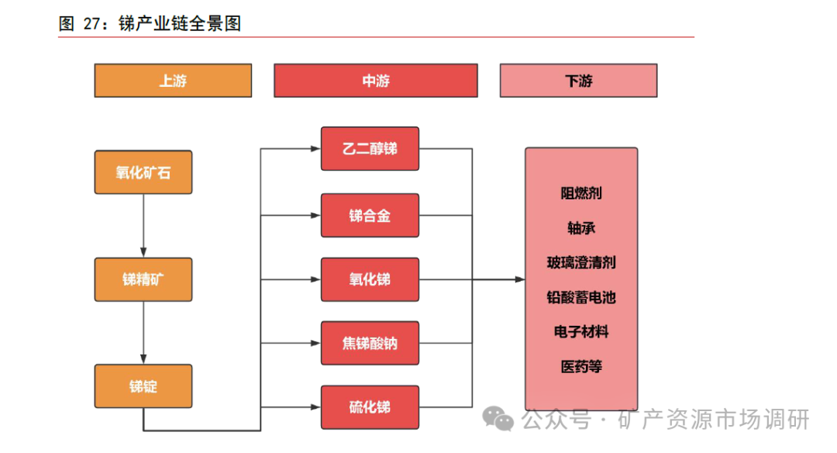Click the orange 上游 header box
point(173,81)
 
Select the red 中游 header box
point(375,81)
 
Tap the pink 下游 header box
point(578,81)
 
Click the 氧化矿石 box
point(143,172)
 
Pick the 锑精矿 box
point(143,279)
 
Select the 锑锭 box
point(143,386)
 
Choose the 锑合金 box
point(370,215)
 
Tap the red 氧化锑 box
point(370,279)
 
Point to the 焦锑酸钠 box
point(370,343)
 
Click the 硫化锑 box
point(370,407)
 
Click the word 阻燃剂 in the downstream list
point(581,193)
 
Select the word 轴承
point(581,228)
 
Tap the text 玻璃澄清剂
point(581,263)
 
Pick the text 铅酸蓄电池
point(581,298)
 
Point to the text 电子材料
point(581,332)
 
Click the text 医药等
point(581,367)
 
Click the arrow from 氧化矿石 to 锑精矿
point(143,225)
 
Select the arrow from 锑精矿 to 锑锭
point(143,332)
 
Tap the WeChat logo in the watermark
point(498,419)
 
